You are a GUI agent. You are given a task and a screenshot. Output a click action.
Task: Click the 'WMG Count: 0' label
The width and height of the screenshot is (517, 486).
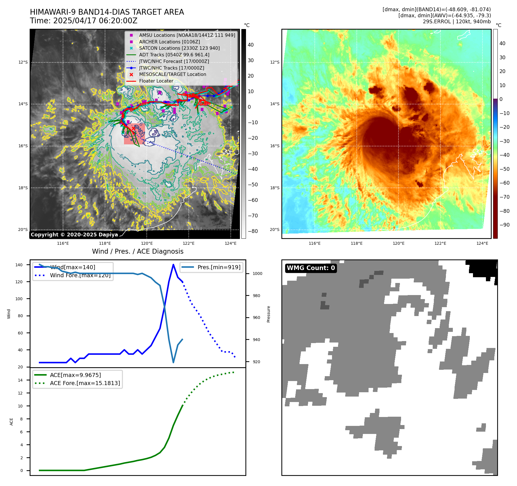click(311, 268)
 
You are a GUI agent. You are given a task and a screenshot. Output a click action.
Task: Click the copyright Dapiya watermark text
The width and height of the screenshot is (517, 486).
click(74, 235)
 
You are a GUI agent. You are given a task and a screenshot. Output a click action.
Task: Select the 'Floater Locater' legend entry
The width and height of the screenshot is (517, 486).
click(156, 81)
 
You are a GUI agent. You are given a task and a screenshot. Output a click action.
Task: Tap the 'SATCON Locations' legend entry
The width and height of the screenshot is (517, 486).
click(179, 48)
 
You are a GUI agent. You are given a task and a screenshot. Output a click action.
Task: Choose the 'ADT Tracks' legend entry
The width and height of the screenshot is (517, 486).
click(174, 55)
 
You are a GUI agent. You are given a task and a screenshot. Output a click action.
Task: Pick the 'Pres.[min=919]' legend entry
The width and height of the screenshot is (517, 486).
click(219, 267)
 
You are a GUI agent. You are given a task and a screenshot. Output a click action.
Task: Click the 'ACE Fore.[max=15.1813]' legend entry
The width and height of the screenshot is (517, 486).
click(85, 383)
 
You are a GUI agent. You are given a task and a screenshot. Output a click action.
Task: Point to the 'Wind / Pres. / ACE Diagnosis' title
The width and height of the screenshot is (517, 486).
click(138, 251)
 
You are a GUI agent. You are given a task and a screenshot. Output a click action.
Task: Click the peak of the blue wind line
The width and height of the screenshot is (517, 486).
click(173, 265)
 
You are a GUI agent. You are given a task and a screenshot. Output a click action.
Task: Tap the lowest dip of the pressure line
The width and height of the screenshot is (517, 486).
click(173, 362)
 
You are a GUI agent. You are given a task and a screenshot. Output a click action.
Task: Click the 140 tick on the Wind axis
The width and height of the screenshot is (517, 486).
click(19, 265)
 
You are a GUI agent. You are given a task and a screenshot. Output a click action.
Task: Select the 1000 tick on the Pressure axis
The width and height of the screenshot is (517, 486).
click(257, 273)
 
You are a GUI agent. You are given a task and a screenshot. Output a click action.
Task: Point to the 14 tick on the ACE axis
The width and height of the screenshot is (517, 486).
click(20, 380)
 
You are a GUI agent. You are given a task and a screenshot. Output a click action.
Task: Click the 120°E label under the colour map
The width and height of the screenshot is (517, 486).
click(398, 243)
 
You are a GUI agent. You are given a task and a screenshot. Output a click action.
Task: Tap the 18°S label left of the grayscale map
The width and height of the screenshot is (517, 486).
click(23, 188)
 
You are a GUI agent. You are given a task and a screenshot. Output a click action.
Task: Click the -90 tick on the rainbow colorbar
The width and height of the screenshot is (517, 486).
click(504, 225)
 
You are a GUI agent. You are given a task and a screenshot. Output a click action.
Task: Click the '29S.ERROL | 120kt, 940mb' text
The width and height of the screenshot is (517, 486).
click(457, 22)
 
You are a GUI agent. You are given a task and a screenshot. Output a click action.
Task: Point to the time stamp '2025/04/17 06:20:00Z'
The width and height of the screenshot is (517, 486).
click(95, 21)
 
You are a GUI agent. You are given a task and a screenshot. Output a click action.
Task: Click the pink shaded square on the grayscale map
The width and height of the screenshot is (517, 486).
click(134, 134)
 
